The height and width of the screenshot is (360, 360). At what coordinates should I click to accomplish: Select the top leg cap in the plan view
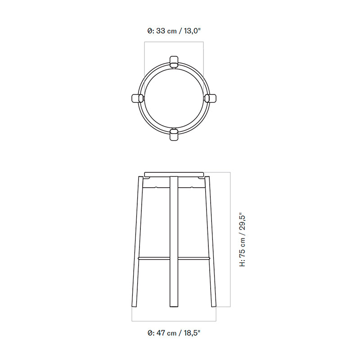tap(174, 62)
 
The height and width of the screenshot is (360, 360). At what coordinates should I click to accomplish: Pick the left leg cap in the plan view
tap(136, 98)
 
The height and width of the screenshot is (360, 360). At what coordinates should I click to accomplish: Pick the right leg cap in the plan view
tap(211, 98)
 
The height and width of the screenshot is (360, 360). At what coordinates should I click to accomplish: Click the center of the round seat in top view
tap(174, 98)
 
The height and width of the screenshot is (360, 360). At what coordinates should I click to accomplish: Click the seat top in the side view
tap(174, 173)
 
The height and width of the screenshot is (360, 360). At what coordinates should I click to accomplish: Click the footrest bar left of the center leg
tap(154, 258)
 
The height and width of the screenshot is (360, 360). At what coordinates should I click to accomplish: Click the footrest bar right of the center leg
tap(193, 258)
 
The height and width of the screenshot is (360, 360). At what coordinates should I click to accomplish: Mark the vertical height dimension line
tap(230, 238)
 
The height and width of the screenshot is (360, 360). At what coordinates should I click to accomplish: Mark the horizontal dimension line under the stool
tap(174, 321)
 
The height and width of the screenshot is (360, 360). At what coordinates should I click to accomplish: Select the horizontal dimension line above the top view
tap(174, 42)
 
